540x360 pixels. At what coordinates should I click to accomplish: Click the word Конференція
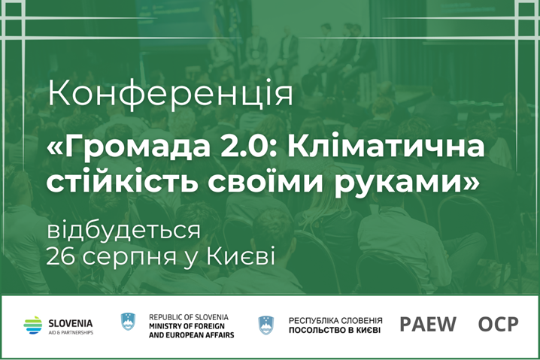click(170, 95)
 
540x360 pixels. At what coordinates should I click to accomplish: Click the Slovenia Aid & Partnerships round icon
click(33, 325)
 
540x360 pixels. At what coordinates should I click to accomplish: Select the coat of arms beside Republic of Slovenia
click(129, 322)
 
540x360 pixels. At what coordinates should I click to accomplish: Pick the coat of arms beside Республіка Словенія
click(266, 325)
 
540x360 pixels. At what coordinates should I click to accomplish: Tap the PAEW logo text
click(427, 325)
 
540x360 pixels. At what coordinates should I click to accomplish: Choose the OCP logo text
click(498, 325)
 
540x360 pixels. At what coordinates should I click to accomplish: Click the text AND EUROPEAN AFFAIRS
click(191, 334)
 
